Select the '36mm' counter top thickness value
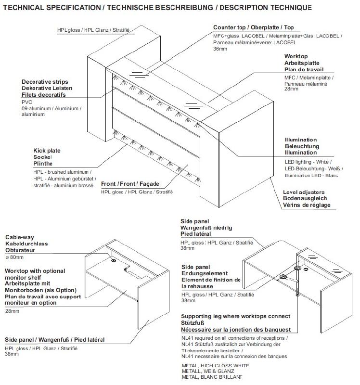(219, 49)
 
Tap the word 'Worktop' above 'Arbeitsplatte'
(296, 56)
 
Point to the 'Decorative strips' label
(43, 82)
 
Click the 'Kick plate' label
(47, 151)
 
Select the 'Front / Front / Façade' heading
(130, 184)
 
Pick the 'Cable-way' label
(19, 237)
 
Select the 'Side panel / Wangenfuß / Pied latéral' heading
(54, 340)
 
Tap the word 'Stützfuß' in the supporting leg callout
(194, 323)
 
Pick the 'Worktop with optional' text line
(35, 271)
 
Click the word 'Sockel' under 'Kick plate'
(42, 157)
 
